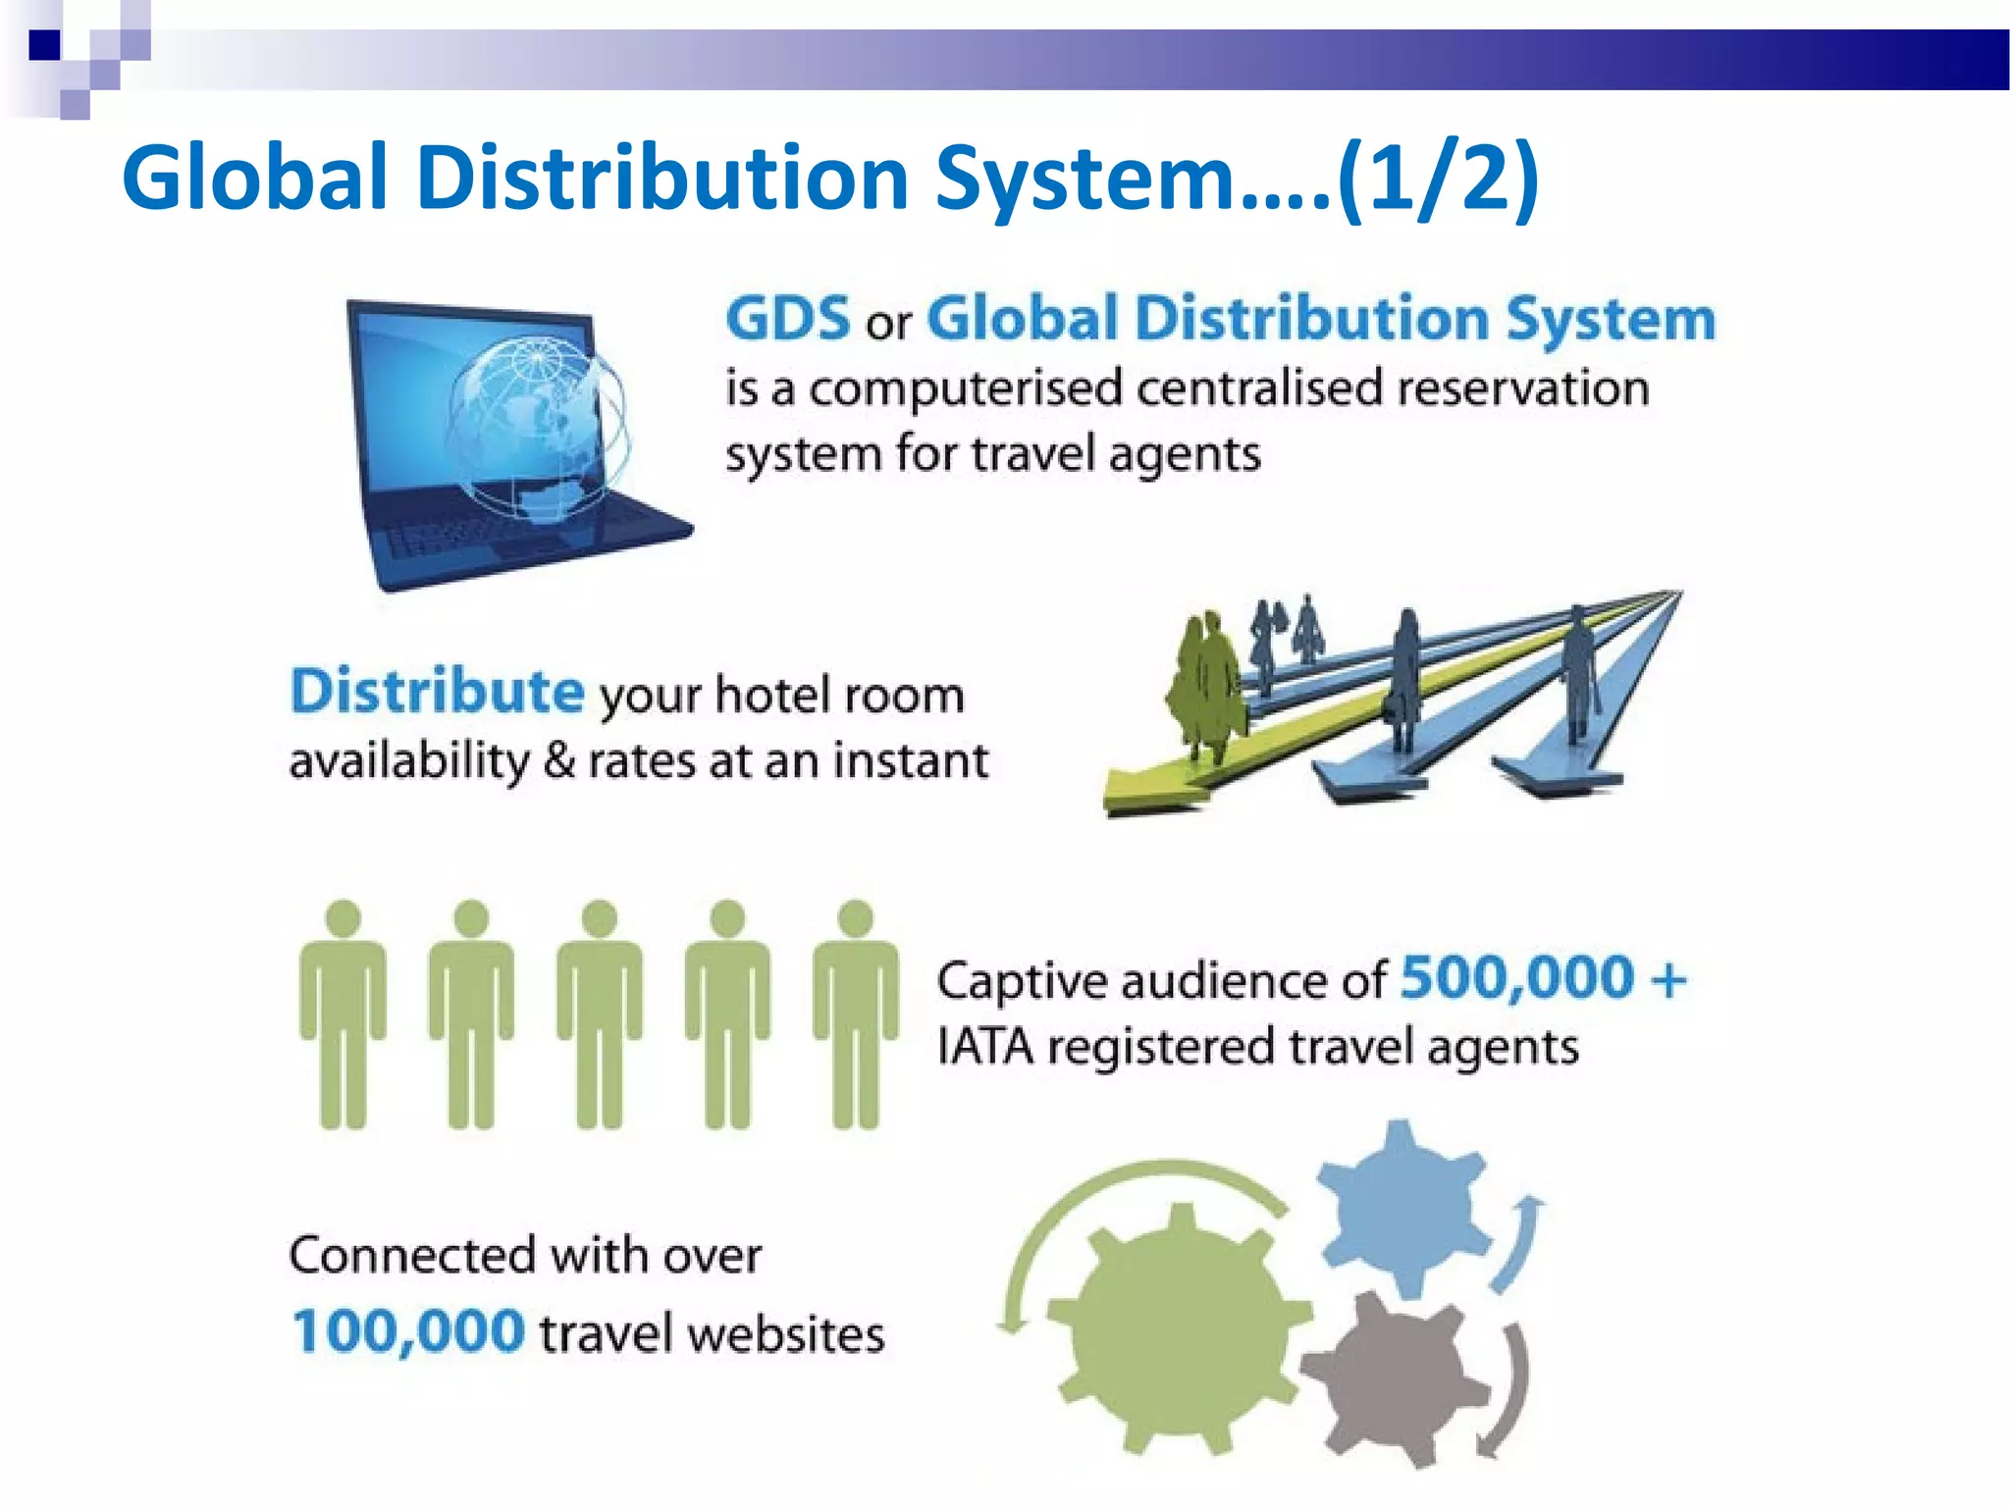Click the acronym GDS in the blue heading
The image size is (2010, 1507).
(x=787, y=319)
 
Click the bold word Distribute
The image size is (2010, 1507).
(x=438, y=691)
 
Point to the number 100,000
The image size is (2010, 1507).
(x=408, y=1331)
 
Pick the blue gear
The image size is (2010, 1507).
(x=1399, y=1209)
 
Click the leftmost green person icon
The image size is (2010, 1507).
(x=343, y=1015)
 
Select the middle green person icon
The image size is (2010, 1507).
(x=600, y=1015)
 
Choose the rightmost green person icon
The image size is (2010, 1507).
(x=856, y=1015)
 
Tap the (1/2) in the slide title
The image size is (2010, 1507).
(x=1438, y=178)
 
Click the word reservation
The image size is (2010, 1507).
(x=1522, y=389)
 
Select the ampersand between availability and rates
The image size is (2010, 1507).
(x=558, y=760)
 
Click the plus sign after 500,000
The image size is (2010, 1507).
(x=1667, y=979)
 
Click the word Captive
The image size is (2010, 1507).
(x=1017, y=980)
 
